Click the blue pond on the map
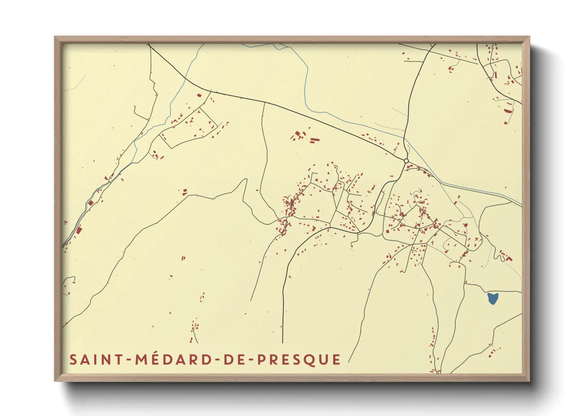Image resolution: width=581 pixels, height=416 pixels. click(493, 298)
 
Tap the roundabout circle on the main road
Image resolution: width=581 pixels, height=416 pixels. click(406, 161)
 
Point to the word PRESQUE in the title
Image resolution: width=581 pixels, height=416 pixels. click(299, 360)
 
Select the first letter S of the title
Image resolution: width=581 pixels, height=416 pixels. click(73, 360)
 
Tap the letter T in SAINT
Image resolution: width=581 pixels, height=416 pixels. click(119, 360)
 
